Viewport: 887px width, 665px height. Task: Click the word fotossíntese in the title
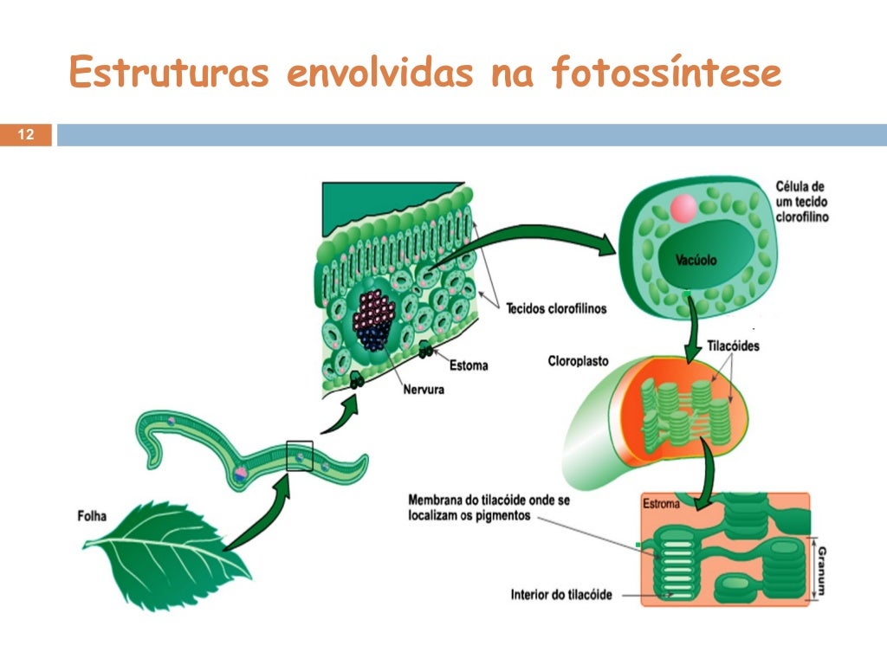(666, 74)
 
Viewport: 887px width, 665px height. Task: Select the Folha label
(92, 517)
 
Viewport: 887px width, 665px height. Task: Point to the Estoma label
(469, 365)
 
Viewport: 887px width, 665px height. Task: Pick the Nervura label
(424, 390)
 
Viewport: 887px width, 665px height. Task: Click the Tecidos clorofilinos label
(556, 308)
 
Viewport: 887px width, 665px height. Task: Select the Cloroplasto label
(578, 360)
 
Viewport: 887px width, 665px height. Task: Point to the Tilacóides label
(733, 345)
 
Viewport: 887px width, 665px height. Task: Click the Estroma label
(662, 503)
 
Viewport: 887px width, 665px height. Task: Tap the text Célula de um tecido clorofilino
(801, 201)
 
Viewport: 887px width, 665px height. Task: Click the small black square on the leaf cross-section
(299, 455)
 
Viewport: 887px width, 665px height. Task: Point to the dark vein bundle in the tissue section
(374, 320)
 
